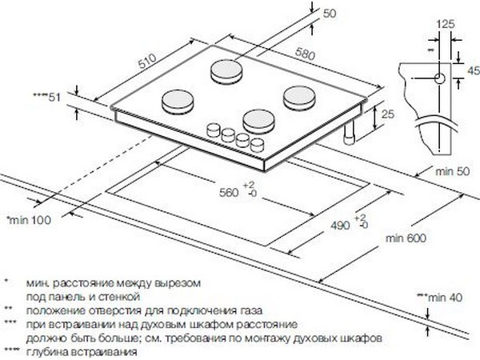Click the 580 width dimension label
tap(305, 54)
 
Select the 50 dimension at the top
tap(330, 14)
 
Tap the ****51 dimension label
tap(47, 98)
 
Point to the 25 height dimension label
tap(388, 114)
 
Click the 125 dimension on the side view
tap(445, 24)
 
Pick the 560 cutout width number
tap(229, 193)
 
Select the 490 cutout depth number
tap(340, 226)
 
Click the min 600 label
tap(406, 238)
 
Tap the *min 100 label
tap(29, 220)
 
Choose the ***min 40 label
tap(439, 298)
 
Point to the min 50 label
tap(453, 171)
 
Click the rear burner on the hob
tap(226, 72)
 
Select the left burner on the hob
tap(178, 102)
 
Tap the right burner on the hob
tap(299, 98)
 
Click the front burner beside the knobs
tap(259, 122)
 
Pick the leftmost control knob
tap(214, 130)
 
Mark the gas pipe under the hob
tap(349, 132)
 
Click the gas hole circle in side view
tap(439, 78)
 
